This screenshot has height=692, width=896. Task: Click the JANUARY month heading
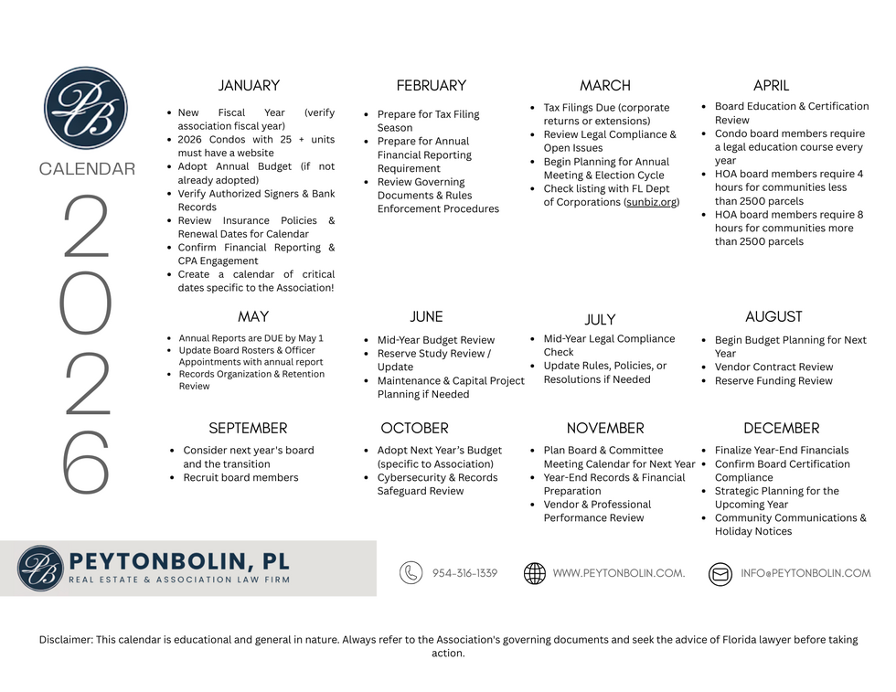click(249, 86)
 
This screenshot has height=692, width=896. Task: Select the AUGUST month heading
click(773, 317)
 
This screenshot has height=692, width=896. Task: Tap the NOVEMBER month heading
click(605, 428)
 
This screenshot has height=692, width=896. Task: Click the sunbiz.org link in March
click(652, 202)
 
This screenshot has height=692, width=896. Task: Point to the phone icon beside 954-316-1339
click(411, 573)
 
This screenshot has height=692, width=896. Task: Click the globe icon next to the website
click(535, 573)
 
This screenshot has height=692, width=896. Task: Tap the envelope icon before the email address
click(720, 573)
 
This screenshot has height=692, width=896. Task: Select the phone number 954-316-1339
click(464, 573)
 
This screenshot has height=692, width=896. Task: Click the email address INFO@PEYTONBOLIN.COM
click(805, 573)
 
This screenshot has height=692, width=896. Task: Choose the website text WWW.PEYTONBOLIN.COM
click(618, 573)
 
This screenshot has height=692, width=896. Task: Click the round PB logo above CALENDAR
click(86, 108)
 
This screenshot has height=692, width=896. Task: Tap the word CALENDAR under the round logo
click(87, 169)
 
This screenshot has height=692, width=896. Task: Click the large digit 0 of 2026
click(86, 303)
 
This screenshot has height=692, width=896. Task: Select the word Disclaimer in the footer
click(65, 640)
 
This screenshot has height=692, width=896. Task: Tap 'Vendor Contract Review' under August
click(773, 367)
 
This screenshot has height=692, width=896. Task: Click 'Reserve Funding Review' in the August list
click(773, 381)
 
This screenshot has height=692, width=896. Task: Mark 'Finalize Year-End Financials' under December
click(782, 451)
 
